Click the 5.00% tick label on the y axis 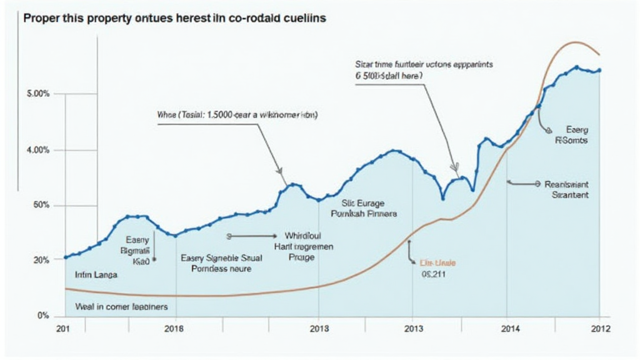[39, 94]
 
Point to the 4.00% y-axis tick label [39, 150]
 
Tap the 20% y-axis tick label [41, 259]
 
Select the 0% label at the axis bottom [43, 316]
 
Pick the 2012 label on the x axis [600, 328]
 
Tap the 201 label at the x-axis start [63, 328]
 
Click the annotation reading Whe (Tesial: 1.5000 [236, 116]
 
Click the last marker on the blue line [599, 70]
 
